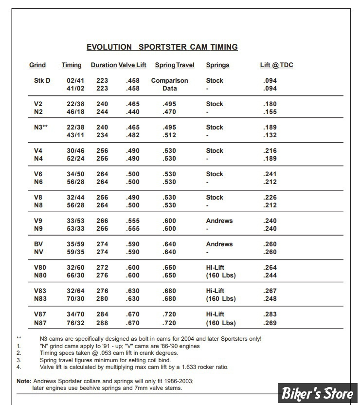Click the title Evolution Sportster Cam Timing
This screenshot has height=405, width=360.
(x=162, y=47)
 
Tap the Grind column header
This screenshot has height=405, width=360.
(x=37, y=65)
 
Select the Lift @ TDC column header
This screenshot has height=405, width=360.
(x=276, y=65)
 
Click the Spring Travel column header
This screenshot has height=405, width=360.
(x=175, y=65)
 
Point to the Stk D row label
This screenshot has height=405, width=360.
(x=42, y=81)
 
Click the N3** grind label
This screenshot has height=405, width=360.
(x=41, y=128)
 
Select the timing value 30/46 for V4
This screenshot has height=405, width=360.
(x=75, y=151)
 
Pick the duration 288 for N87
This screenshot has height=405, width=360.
(x=102, y=323)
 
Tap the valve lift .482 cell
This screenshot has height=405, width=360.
(x=133, y=135)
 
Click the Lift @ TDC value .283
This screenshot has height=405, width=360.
(x=270, y=314)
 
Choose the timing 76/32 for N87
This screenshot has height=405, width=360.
(x=75, y=323)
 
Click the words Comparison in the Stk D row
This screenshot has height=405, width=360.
(x=169, y=81)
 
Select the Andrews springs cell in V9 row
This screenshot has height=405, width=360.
(x=219, y=221)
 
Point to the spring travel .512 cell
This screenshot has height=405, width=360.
(x=169, y=135)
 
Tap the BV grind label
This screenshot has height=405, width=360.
(x=38, y=244)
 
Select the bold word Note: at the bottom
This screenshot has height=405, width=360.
(x=24, y=381)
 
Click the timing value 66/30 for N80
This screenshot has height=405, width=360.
(x=75, y=276)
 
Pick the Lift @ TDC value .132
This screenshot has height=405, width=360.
(x=270, y=135)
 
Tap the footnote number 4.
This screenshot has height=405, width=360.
(x=18, y=367)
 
